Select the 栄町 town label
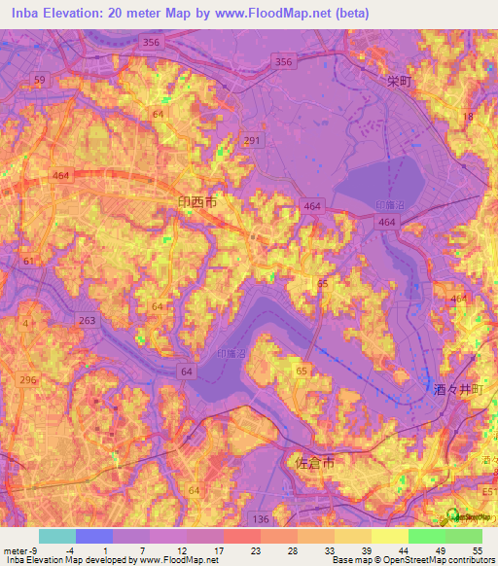[399, 83]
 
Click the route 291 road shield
[251, 141]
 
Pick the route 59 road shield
[39, 79]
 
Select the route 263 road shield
[89, 321]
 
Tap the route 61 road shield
[28, 262]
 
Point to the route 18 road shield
[468, 117]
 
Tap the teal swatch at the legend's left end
[56, 536]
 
